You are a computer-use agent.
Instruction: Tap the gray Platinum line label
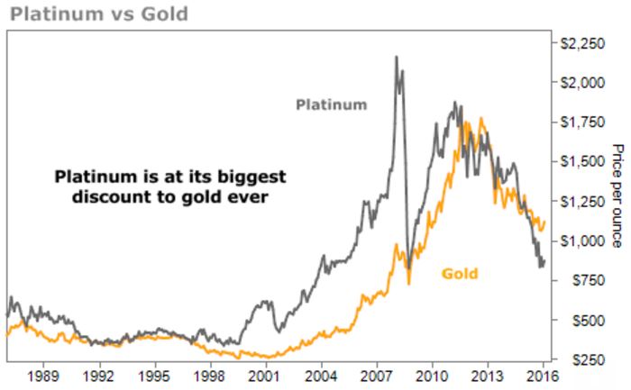coord(331,104)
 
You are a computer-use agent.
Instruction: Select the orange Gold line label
coord(460,273)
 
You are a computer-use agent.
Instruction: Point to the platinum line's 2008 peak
coord(396,58)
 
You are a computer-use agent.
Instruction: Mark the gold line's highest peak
coord(482,118)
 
